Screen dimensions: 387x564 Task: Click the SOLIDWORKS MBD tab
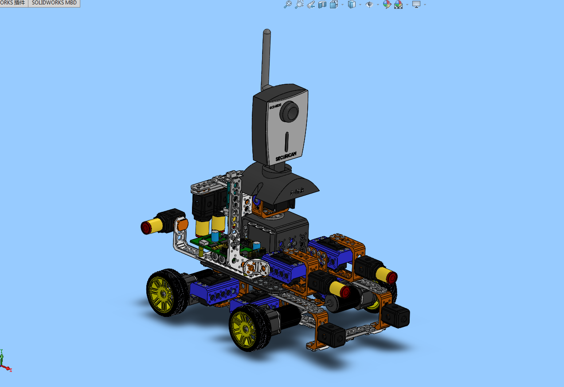point(54,3)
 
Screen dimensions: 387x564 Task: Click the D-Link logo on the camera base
point(297,192)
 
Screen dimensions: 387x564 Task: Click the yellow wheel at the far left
point(161,293)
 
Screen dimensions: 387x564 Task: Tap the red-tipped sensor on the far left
point(147,227)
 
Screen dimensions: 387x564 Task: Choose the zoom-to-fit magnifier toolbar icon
point(288,4)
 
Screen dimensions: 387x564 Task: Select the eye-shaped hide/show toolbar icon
point(369,4)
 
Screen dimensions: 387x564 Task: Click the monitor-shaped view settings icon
point(416,4)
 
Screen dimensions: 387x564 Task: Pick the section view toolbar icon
point(322,4)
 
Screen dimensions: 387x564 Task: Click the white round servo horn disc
point(256,267)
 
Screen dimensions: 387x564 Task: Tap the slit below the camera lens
point(287,141)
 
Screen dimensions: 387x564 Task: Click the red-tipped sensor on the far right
point(391,278)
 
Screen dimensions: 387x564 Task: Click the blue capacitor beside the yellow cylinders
point(215,236)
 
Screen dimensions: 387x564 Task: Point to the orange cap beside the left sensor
point(182,225)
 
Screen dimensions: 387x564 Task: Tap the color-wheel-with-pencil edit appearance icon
point(387,4)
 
